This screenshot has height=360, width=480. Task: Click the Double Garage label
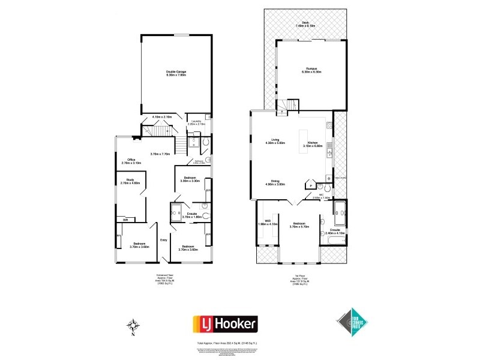tap(176, 74)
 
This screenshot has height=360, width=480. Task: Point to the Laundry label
tap(198, 123)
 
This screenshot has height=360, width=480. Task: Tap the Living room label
tap(275, 142)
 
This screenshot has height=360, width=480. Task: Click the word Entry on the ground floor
tap(163, 241)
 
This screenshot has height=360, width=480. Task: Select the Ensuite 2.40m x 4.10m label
tap(335, 231)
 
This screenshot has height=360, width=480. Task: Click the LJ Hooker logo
tap(224, 325)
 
